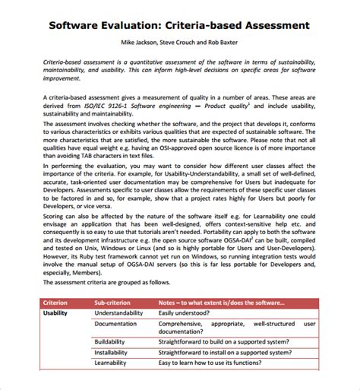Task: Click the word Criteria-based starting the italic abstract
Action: point(67,59)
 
